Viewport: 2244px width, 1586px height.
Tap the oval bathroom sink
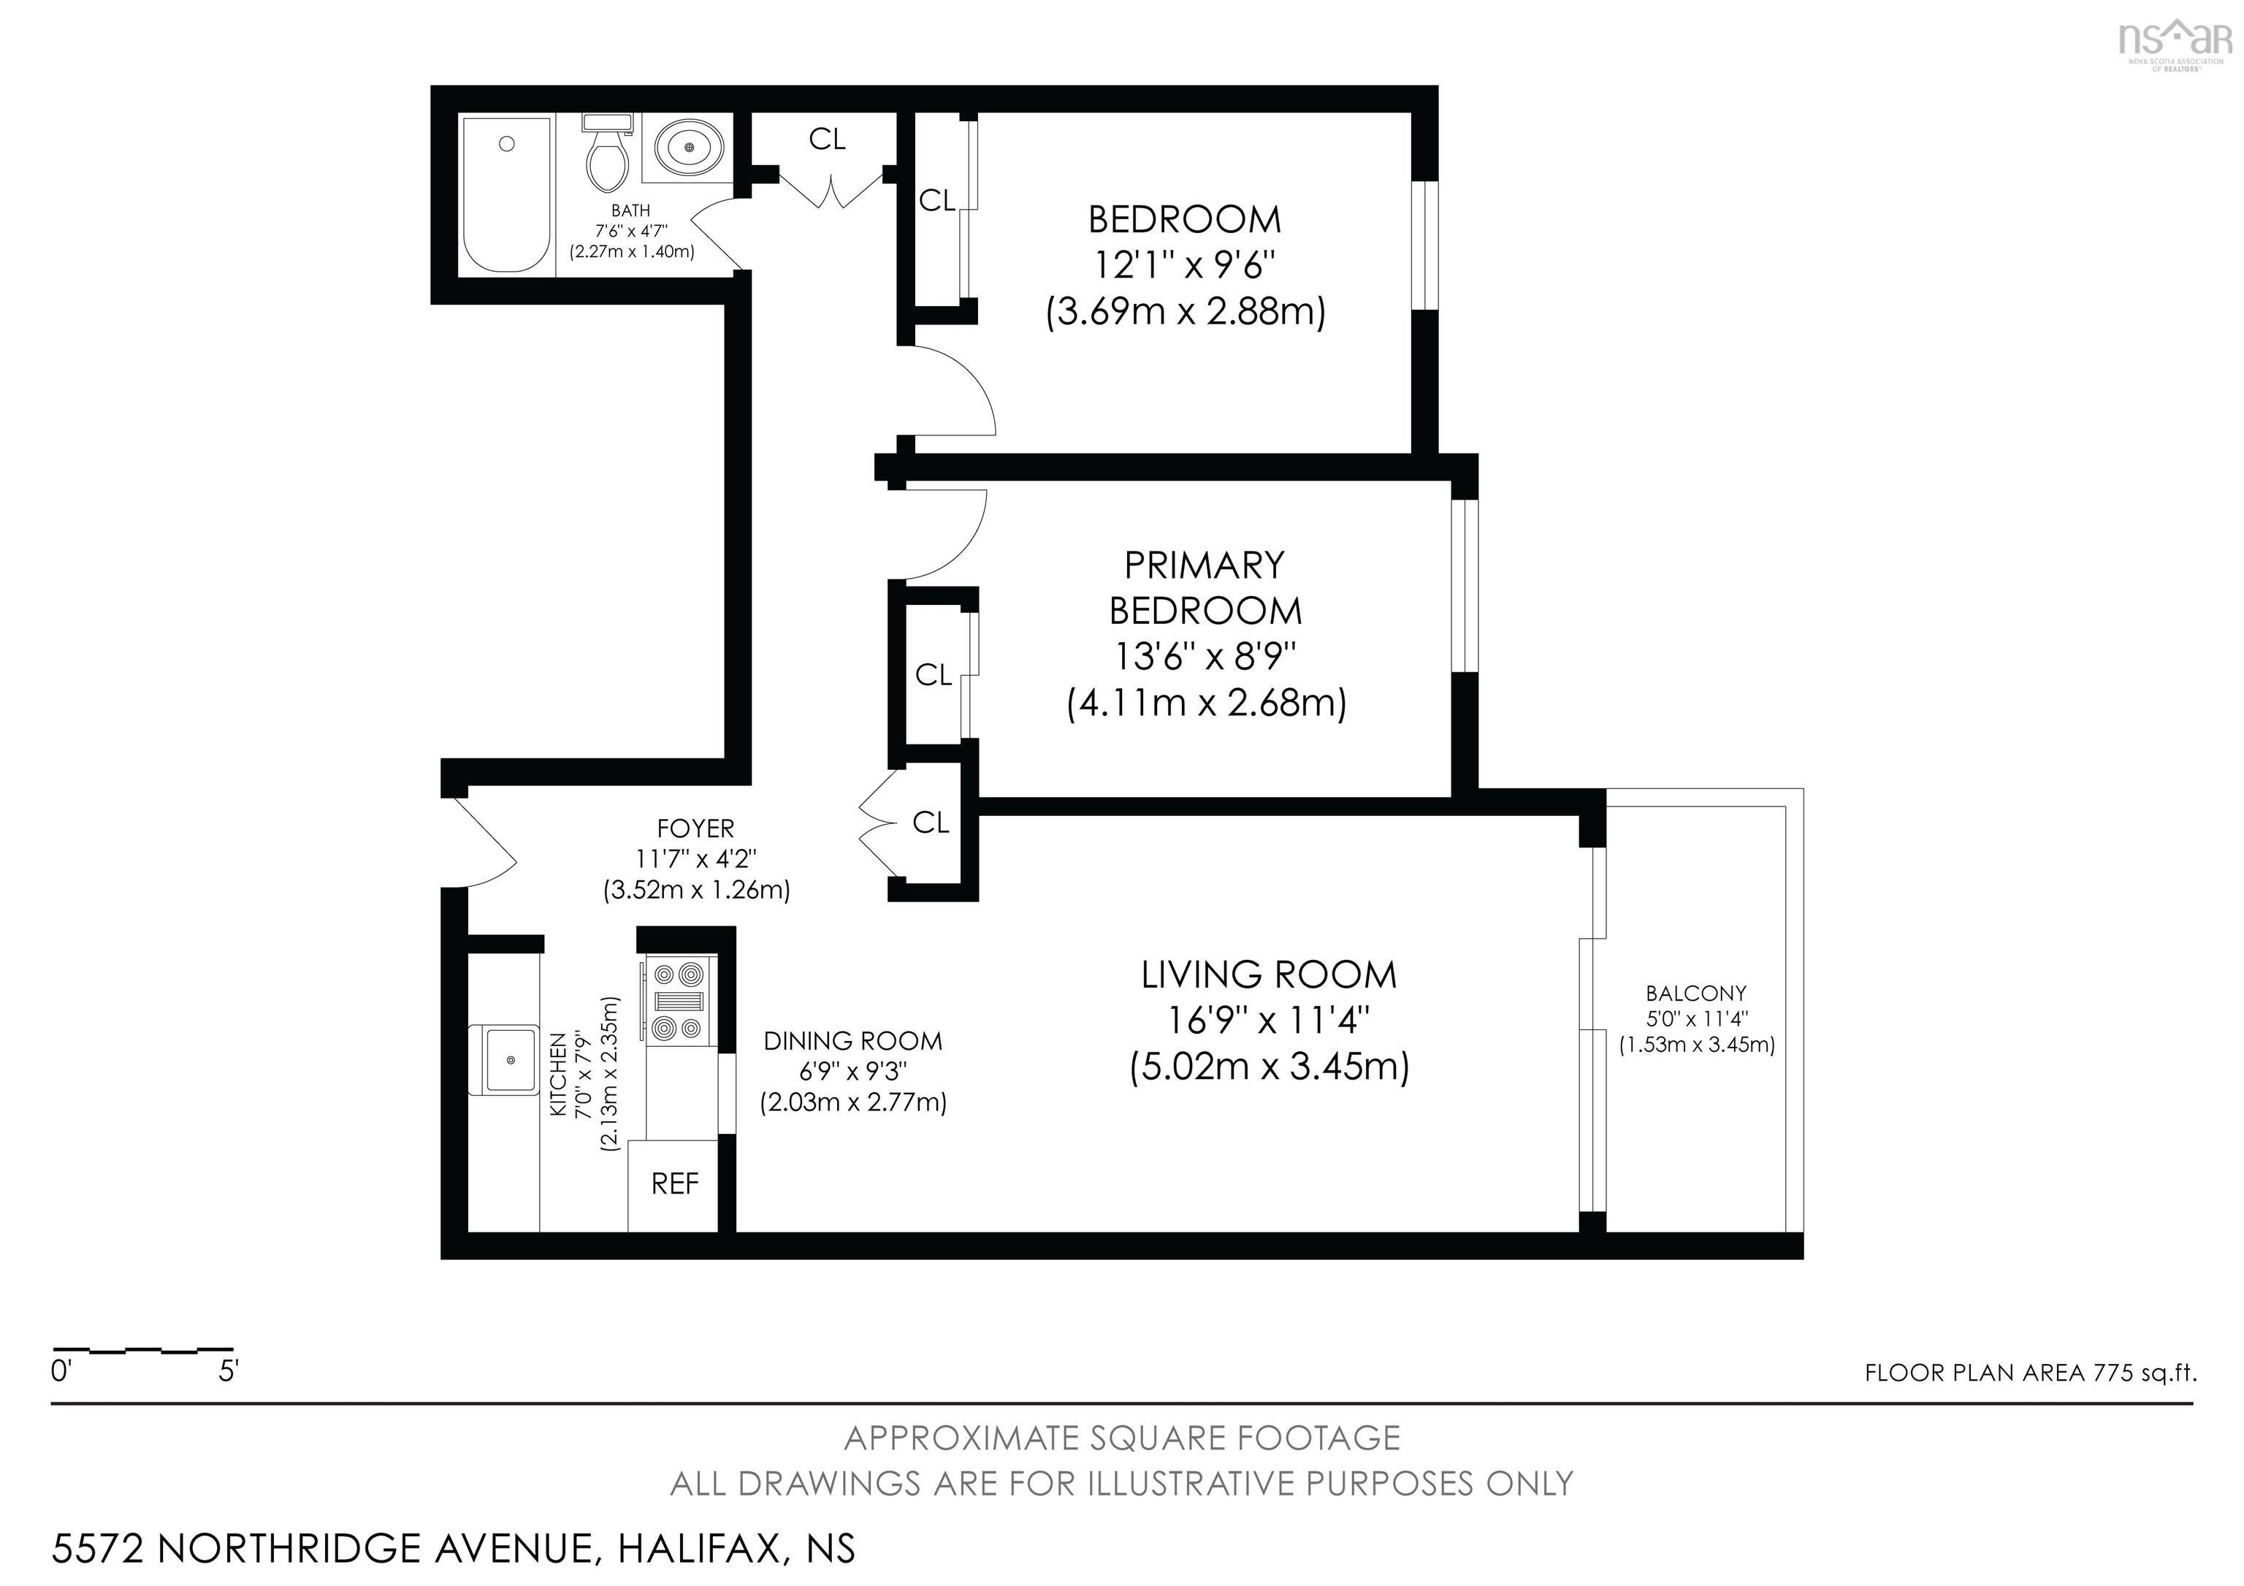click(x=689, y=147)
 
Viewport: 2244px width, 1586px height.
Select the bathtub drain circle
click(x=506, y=144)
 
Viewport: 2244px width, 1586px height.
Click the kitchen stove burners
click(x=679, y=999)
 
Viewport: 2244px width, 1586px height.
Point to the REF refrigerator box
click(x=674, y=1184)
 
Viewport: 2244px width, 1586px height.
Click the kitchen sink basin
click(x=509, y=1059)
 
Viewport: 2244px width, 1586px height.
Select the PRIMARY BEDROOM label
click(x=1205, y=587)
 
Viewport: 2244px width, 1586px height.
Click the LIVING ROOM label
click(x=1269, y=975)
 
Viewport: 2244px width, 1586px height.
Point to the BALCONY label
click(x=1695, y=993)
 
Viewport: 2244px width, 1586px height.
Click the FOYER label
click(x=695, y=828)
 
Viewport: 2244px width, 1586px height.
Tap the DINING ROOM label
click(x=852, y=1041)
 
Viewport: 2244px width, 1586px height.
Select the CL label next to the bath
click(x=827, y=140)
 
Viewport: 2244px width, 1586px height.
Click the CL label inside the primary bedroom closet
click(x=934, y=674)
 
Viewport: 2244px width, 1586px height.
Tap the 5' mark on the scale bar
click(x=228, y=1372)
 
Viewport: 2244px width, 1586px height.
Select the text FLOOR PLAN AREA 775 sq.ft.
click(x=2030, y=1373)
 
